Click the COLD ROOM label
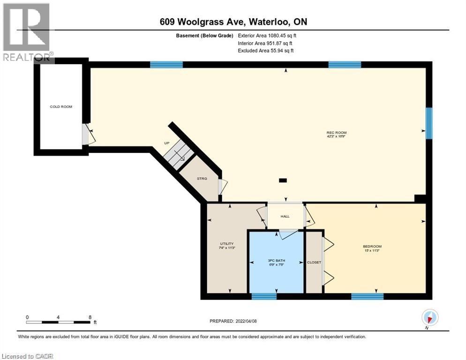pos(61,107)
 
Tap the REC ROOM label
pos(336,133)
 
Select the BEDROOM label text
pos(372,247)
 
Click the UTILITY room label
pos(226,244)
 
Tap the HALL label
pos(285,217)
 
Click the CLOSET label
pos(313,262)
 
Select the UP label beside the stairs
pos(166,143)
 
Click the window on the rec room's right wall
pos(428,123)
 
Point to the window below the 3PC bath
pos(264,296)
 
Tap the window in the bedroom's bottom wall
pos(367,296)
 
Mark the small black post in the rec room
pos(283,180)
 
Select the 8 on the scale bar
pos(90,317)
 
